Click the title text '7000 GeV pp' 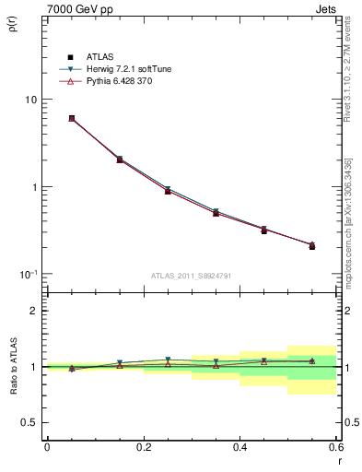click(74, 8)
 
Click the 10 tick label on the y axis click(29, 100)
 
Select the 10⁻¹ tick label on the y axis click(28, 275)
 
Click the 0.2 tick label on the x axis click(143, 447)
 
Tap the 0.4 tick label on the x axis click(239, 447)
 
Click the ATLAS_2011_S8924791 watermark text click(191, 276)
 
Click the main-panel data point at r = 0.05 click(71, 118)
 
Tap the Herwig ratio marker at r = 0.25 click(168, 360)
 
